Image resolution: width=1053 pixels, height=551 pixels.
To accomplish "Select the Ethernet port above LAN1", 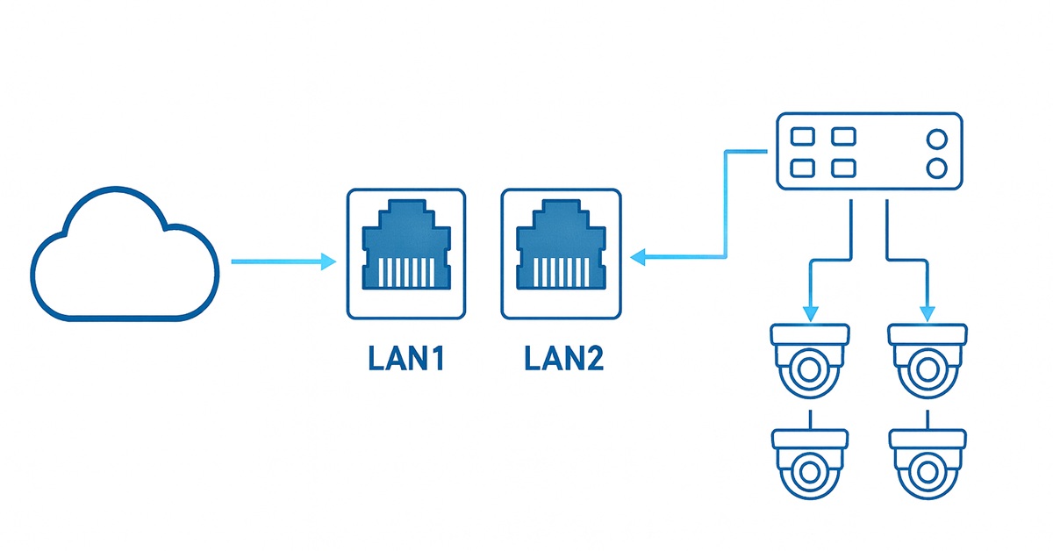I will pos(407,252).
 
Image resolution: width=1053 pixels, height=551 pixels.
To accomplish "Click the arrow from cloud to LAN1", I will pos(281,261).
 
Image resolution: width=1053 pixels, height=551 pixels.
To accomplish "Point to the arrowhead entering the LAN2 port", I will pos(638,257).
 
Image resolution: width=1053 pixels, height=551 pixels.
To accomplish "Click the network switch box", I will pos(870,151).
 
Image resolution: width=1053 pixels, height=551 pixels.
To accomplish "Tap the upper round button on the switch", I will pos(936,139).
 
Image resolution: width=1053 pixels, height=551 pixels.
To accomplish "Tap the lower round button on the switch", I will pos(936,167).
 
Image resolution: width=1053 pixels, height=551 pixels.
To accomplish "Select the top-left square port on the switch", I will pos(802,137).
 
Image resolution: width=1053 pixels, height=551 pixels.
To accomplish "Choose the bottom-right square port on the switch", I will pos(843,167).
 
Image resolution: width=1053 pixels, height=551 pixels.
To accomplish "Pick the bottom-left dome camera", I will pos(809,463).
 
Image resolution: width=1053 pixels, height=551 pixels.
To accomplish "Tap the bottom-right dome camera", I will pos(928,463).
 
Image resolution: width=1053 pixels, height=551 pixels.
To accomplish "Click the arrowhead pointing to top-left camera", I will pos(809,312).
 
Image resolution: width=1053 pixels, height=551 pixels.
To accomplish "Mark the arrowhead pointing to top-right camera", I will pos(928,312).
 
